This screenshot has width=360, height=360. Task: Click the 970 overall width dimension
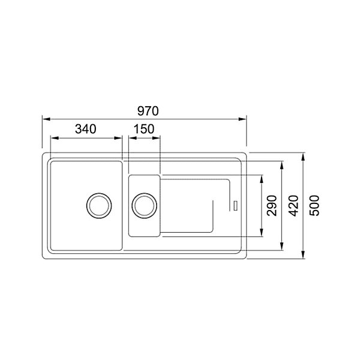pyautogui.click(x=148, y=111)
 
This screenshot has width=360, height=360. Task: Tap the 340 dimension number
pyautogui.click(x=86, y=129)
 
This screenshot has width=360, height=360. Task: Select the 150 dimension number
pyautogui.click(x=144, y=129)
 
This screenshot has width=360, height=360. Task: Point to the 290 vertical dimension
pyautogui.click(x=272, y=205)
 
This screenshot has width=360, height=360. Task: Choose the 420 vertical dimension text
pyautogui.click(x=293, y=206)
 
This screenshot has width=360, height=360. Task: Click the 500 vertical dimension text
pyautogui.click(x=314, y=205)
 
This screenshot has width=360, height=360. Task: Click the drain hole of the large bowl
pyautogui.click(x=99, y=205)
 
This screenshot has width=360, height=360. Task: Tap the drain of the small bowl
pyautogui.click(x=144, y=205)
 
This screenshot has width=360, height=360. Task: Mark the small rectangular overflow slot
pyautogui.click(x=235, y=205)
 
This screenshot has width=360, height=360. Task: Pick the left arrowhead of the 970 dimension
pyautogui.click(x=47, y=119)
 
